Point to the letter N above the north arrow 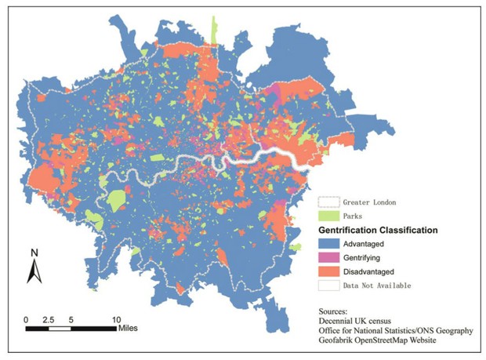point(34,253)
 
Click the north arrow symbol point(34,271)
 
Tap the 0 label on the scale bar point(27,320)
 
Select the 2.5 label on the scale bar point(49,320)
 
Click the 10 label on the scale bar point(116,320)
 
